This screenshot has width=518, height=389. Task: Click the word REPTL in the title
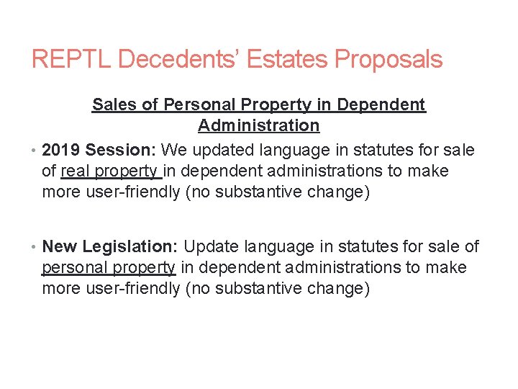[71, 59]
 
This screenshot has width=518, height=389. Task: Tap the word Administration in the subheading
[258, 125]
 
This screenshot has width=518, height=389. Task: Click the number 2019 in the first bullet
[61, 150]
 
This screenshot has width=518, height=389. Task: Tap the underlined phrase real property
[111, 171]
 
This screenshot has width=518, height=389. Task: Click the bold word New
[60, 246]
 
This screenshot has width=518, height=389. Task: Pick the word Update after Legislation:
[212, 246]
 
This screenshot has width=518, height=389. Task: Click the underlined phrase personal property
[108, 268]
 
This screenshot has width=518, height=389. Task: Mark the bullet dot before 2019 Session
[35, 151]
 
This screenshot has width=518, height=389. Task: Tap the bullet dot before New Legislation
[35, 247]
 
